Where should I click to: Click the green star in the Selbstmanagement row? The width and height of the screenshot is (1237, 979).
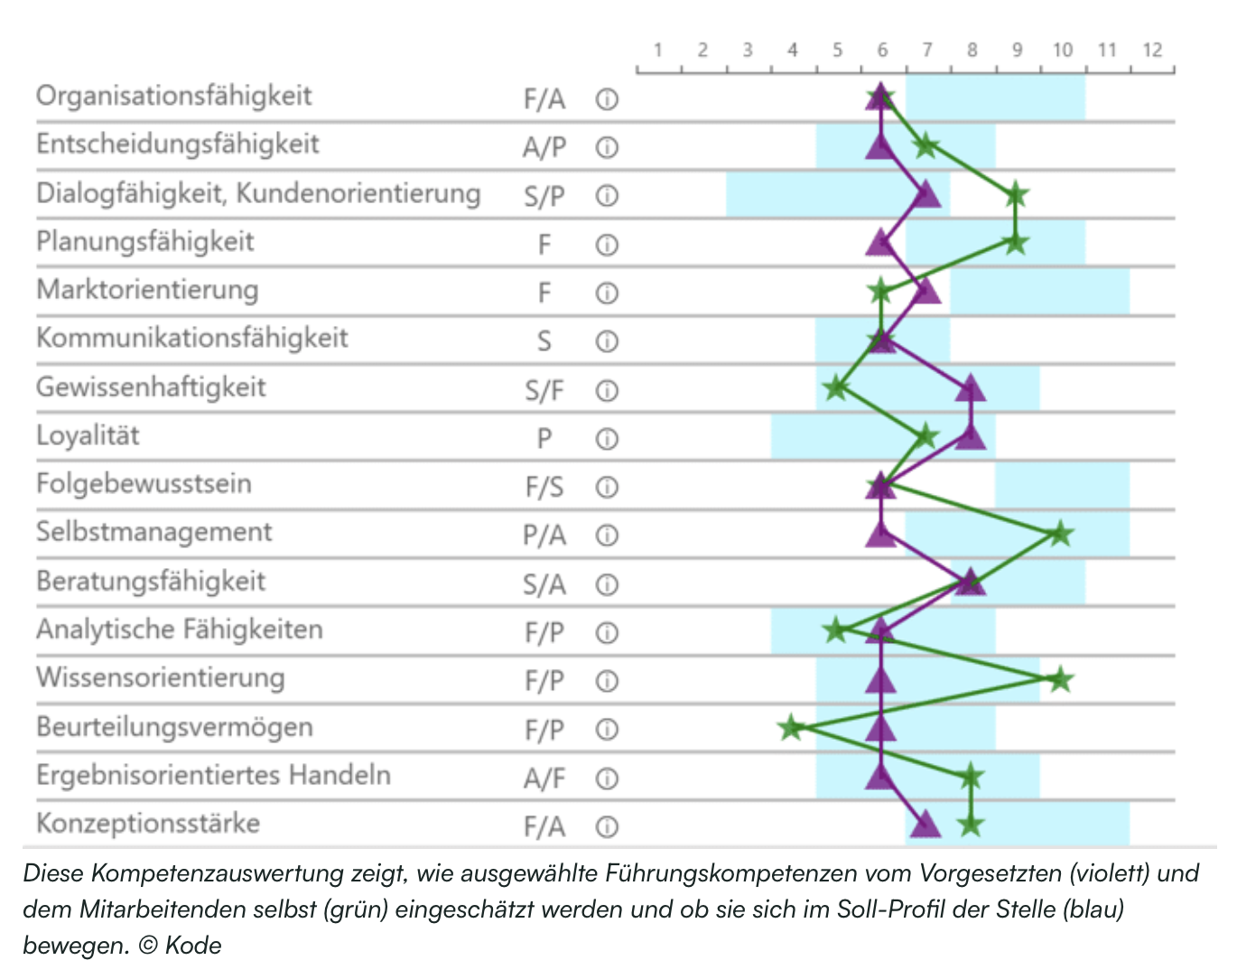tap(1060, 534)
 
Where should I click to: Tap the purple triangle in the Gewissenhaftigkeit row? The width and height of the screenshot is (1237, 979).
tap(971, 389)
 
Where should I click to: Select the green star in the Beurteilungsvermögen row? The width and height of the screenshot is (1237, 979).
tap(792, 727)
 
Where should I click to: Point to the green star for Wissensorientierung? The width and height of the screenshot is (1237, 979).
tap(1060, 679)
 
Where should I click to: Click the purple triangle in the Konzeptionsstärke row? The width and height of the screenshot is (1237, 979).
tap(925, 824)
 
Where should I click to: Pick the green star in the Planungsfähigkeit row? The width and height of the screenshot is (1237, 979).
tap(1016, 243)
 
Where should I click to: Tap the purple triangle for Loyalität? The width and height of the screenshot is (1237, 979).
tap(971, 437)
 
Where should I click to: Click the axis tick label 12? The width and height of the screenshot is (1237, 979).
tap(1151, 51)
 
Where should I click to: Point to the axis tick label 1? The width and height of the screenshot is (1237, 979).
tap(658, 51)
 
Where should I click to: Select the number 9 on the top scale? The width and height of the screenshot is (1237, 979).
tap(1017, 51)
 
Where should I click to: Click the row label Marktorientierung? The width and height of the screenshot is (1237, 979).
tap(147, 290)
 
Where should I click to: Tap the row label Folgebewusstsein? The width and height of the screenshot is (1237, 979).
tap(144, 484)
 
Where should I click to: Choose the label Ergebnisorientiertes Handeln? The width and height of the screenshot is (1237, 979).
tap(213, 775)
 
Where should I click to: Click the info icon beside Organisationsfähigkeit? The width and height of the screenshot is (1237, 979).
tap(607, 99)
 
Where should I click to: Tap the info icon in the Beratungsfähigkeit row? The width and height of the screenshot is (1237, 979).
tap(607, 584)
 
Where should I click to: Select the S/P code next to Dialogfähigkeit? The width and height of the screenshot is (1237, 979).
tap(544, 196)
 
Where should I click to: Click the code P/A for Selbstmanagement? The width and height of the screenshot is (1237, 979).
tap(544, 536)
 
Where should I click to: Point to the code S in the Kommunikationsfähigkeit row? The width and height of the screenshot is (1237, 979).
tap(544, 341)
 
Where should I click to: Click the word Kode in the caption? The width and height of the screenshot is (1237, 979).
tap(193, 946)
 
